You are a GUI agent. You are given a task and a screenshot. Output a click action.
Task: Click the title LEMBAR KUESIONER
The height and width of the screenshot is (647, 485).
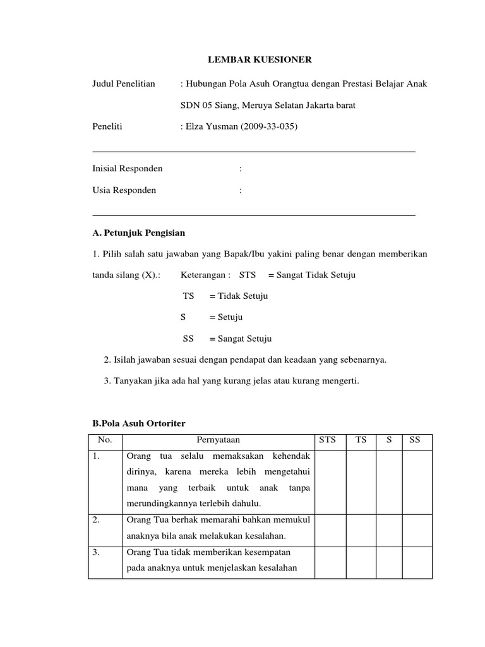coord(260,60)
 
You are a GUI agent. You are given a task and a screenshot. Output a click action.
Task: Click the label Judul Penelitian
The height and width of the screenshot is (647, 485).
coord(124,83)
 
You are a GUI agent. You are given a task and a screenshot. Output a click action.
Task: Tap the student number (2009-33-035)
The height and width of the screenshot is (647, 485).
coord(268,126)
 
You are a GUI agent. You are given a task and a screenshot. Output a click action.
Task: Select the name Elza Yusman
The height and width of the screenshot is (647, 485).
coord(212,126)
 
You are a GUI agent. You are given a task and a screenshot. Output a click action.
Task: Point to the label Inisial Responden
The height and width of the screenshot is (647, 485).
coord(128,169)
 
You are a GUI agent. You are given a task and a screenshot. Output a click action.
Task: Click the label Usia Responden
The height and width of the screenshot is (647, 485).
coord(124,190)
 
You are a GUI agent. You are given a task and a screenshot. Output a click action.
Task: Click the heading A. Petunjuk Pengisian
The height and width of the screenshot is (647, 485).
coord(139,233)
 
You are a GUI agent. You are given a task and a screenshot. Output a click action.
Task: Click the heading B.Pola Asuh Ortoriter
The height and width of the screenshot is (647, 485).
coord(139,422)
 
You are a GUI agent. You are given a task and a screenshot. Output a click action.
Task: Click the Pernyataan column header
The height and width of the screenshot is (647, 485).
coord(218,440)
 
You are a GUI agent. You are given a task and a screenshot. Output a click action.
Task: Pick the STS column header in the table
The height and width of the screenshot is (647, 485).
coord(328,440)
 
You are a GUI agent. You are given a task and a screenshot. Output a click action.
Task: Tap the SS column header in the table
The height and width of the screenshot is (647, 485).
coord(415,440)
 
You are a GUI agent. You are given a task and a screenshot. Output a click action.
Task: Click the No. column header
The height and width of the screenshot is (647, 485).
coord(104,440)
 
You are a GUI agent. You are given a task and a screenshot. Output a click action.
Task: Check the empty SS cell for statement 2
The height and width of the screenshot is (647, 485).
coord(417,528)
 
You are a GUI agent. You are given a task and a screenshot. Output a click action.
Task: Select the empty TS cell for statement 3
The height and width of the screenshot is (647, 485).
coord(361,561)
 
